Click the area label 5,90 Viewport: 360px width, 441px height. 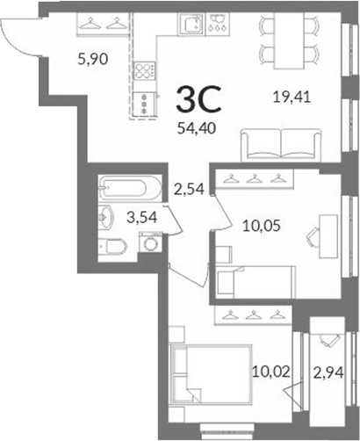point(93,59)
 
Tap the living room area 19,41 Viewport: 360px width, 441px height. point(292,97)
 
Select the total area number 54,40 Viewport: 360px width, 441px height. point(197,128)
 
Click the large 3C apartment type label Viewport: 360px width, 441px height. point(198,99)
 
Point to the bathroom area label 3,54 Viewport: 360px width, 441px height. point(142,217)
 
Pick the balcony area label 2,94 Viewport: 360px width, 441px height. point(328,372)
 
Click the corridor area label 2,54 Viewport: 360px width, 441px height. point(189,189)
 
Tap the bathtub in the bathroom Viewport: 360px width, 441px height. point(130,188)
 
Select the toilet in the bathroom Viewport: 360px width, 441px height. point(112,247)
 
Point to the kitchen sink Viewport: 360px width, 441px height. point(191,24)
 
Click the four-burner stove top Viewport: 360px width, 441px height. point(145,70)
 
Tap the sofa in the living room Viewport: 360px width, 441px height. point(281,145)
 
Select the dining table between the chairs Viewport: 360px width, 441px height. point(289,40)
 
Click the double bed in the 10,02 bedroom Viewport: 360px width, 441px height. point(211,375)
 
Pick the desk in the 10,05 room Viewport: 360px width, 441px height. point(328,236)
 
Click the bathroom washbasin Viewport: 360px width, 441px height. point(105,217)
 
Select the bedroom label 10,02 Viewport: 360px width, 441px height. point(271,372)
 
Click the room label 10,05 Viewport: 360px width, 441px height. point(262,226)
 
